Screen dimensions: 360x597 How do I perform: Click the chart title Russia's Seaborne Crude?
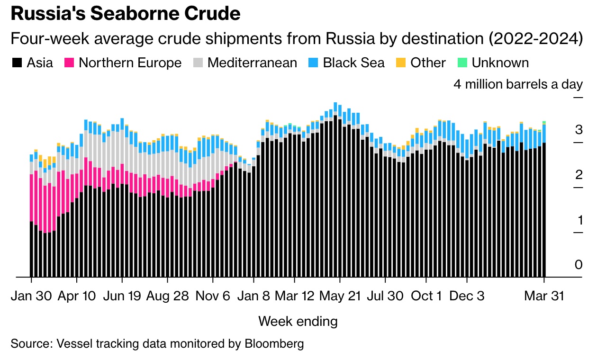126,14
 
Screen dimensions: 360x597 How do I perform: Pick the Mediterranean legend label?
252,63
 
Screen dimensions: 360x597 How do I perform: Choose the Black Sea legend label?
353,63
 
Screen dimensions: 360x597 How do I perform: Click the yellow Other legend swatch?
401,63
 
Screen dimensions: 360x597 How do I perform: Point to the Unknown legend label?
500,63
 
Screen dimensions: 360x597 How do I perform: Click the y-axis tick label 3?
578,130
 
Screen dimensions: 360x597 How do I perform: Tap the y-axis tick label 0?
578,264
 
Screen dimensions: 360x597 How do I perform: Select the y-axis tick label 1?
578,220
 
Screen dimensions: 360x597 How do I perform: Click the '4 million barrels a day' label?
518,85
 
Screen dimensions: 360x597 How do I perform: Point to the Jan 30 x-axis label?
32,296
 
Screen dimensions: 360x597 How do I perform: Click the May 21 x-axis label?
340,296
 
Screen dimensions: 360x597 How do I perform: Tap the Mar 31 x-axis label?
544,296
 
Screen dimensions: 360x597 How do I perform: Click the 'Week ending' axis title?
298,322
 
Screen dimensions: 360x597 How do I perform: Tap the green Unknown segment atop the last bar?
544,123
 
